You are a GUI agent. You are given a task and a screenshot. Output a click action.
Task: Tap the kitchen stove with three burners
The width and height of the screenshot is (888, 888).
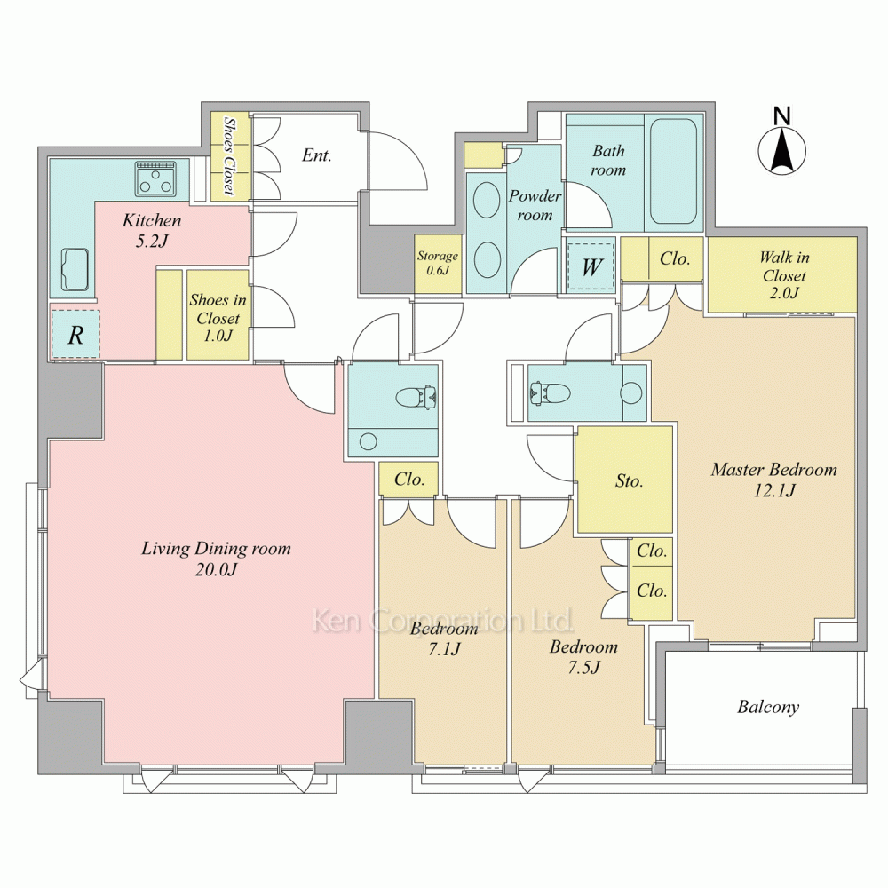pyautogui.click(x=155, y=178)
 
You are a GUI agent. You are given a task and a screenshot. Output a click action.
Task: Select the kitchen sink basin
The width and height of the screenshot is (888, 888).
pyautogui.click(x=75, y=270)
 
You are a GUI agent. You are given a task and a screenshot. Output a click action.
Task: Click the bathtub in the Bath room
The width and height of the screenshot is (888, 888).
pyautogui.click(x=673, y=171)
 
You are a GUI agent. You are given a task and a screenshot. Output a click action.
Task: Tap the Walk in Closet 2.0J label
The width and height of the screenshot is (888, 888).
pyautogui.click(x=784, y=275)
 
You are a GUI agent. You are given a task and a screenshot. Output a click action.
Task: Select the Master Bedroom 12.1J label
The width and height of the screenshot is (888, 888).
pyautogui.click(x=774, y=480)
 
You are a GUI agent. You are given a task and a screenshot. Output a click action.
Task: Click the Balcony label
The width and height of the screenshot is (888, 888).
pyautogui.click(x=768, y=707)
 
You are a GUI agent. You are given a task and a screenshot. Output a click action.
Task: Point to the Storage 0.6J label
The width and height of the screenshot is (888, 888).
pyautogui.click(x=437, y=263)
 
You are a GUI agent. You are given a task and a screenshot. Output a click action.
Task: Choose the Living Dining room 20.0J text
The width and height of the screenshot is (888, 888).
pyautogui.click(x=216, y=559)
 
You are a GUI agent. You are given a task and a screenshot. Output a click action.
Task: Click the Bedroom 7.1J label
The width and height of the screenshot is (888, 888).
pyautogui.click(x=444, y=638)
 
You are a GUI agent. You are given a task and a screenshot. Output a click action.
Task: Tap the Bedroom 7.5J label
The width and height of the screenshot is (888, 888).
pyautogui.click(x=583, y=657)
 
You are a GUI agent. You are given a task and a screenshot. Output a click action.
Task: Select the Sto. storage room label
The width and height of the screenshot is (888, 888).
pyautogui.click(x=630, y=481)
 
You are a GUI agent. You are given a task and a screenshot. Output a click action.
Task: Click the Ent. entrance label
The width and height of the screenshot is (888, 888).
pyautogui.click(x=317, y=155)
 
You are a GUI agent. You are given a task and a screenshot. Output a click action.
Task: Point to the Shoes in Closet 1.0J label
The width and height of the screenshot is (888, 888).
pyautogui.click(x=218, y=318)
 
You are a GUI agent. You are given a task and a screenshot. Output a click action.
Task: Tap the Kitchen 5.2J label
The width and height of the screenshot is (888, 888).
pyautogui.click(x=152, y=231)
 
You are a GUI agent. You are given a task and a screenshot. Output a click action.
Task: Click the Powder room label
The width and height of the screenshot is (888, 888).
pyautogui.click(x=535, y=206)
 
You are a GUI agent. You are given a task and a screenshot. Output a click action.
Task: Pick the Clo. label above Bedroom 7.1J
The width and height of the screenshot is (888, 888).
pyautogui.click(x=408, y=480)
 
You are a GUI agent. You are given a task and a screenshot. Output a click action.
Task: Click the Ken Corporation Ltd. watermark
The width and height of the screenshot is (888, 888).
pyautogui.click(x=443, y=620)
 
